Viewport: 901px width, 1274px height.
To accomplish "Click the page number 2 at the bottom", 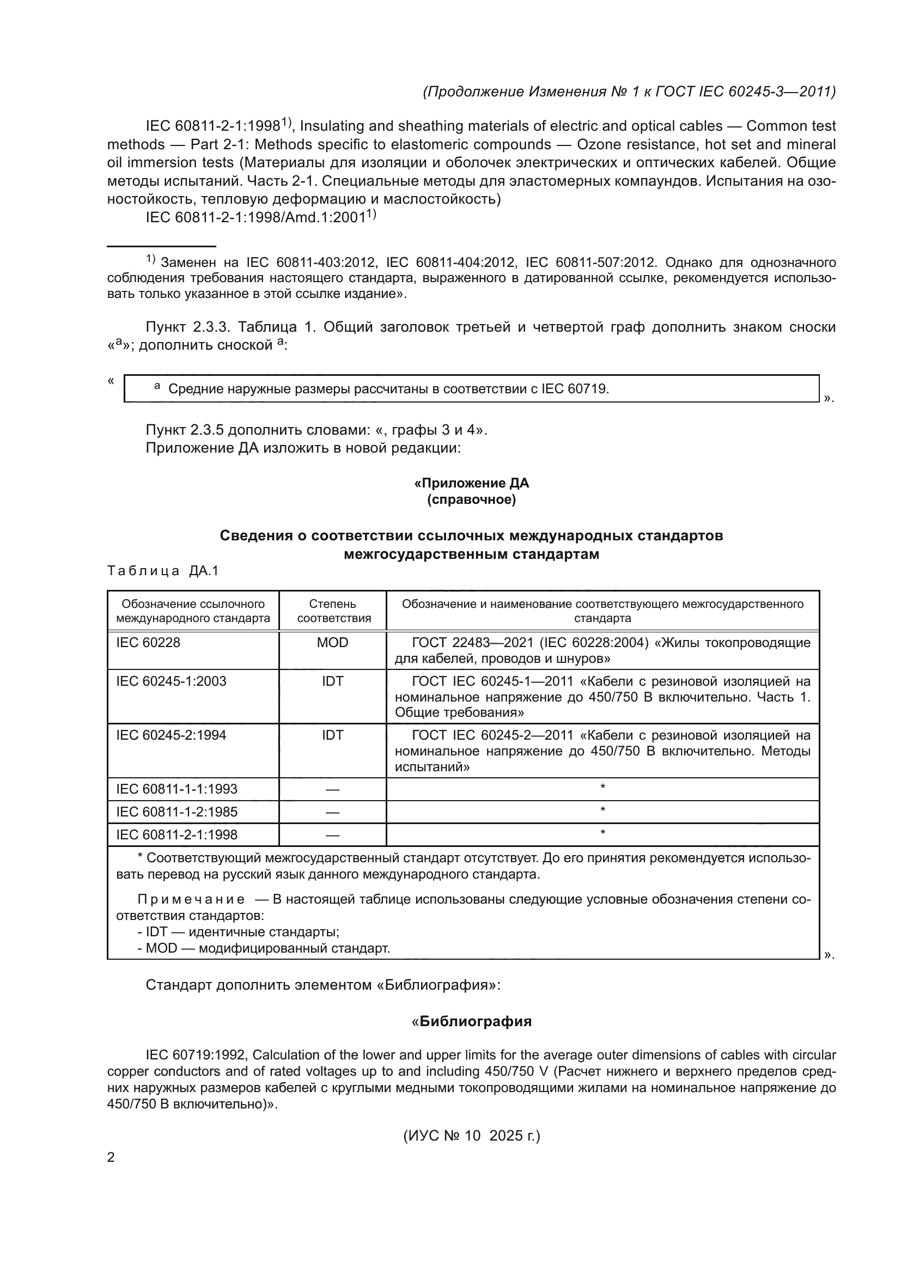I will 111,1157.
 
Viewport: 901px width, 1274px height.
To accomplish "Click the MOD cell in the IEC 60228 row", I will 332,643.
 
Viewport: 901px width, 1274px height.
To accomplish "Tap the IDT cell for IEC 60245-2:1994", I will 332,735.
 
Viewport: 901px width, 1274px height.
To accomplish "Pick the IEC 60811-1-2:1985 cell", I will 176,812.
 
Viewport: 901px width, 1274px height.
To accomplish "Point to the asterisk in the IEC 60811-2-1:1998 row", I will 602,833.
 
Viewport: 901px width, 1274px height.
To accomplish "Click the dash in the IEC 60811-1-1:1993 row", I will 332,790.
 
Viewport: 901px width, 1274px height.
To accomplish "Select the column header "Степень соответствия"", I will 332,611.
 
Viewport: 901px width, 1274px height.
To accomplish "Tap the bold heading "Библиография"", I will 475,1021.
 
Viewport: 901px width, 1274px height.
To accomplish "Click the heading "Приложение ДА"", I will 472,483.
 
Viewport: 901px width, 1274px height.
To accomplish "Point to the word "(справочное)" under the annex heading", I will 472,500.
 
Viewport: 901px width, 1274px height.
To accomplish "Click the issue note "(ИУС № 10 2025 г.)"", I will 472,1136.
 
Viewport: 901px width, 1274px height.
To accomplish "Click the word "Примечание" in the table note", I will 191,899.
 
